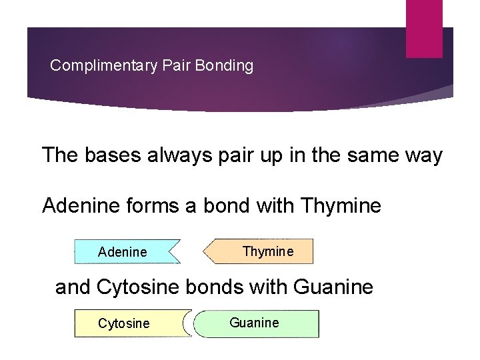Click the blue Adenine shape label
pyautogui.click(x=122, y=253)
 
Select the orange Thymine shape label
pyautogui.click(x=267, y=251)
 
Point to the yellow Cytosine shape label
pyautogui.click(x=124, y=324)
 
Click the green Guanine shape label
pyautogui.click(x=254, y=323)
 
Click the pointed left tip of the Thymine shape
pyautogui.click(x=204, y=252)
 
